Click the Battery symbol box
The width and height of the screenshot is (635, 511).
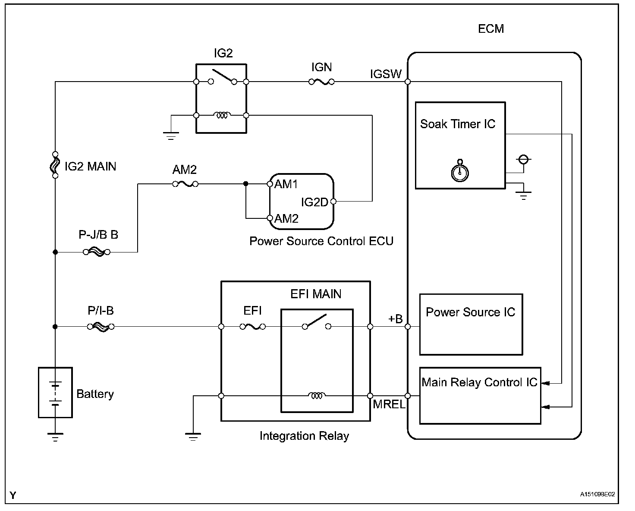pyautogui.click(x=55, y=392)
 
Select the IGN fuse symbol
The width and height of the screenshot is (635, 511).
pyautogui.click(x=321, y=82)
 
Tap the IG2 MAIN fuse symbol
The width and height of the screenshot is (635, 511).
pyautogui.click(x=55, y=165)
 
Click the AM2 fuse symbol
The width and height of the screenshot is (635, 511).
pyautogui.click(x=185, y=184)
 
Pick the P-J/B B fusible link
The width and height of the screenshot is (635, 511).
pyautogui.click(x=96, y=252)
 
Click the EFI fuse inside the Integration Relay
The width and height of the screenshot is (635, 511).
pyautogui.click(x=253, y=327)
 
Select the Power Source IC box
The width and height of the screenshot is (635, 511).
pyautogui.click(x=471, y=325)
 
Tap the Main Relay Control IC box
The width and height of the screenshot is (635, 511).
pyautogui.click(x=480, y=395)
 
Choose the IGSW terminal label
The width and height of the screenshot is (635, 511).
pyautogui.click(x=386, y=74)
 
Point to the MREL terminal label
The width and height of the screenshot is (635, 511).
pyautogui.click(x=389, y=405)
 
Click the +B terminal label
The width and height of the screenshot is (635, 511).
pyautogui.click(x=395, y=319)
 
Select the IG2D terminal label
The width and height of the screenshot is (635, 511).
pyautogui.click(x=314, y=202)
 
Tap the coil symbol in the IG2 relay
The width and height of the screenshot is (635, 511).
pyautogui.click(x=222, y=116)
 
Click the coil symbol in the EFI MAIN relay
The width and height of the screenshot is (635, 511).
pyautogui.click(x=317, y=395)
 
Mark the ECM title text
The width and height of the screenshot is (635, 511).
pyautogui.click(x=491, y=29)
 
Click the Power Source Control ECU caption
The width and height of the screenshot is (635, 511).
pyautogui.click(x=321, y=241)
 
